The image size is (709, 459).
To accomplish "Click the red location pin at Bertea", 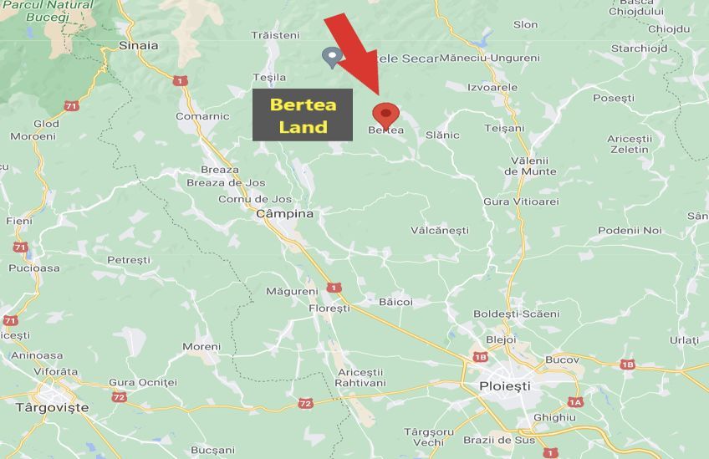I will pyautogui.click(x=385, y=115).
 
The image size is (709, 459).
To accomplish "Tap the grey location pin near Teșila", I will pyautogui.click(x=333, y=57).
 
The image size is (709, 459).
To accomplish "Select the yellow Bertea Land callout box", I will pyautogui.click(x=303, y=116).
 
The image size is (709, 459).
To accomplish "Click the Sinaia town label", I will pyautogui.click(x=139, y=46).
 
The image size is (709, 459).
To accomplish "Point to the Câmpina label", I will pyautogui.click(x=284, y=214).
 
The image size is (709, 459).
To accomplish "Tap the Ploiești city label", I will pyautogui.click(x=504, y=386).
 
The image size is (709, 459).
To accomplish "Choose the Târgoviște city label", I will pyautogui.click(x=52, y=408).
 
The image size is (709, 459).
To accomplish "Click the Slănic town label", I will pyautogui.click(x=442, y=135).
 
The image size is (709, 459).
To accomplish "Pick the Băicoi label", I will pyautogui.click(x=395, y=302).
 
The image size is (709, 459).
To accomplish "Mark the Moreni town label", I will pyautogui.click(x=201, y=346).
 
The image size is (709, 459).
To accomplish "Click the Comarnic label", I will pyautogui.click(x=202, y=116).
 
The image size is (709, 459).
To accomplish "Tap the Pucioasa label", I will pyautogui.click(x=34, y=268).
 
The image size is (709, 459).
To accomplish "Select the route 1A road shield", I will pyautogui.click(x=574, y=403).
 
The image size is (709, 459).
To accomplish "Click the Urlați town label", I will pyautogui.click(x=683, y=340).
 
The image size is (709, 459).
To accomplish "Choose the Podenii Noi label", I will pyautogui.click(x=630, y=230).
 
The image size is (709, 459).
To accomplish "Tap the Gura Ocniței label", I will pyautogui.click(x=143, y=382).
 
